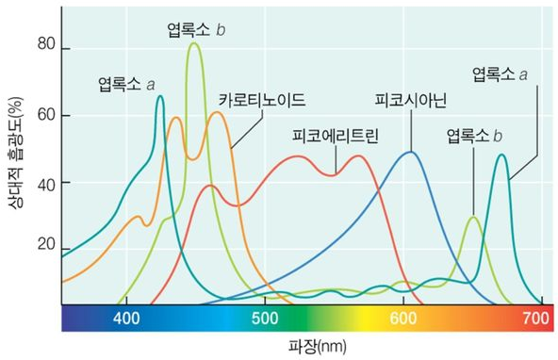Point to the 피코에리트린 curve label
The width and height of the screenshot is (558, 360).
[x=335, y=136]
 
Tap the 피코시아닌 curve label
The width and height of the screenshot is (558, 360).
[x=410, y=99]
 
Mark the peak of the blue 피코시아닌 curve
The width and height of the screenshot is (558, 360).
[x=410, y=152]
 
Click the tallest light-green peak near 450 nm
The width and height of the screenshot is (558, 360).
[x=194, y=43]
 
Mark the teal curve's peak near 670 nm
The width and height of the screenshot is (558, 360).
[x=501, y=155]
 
